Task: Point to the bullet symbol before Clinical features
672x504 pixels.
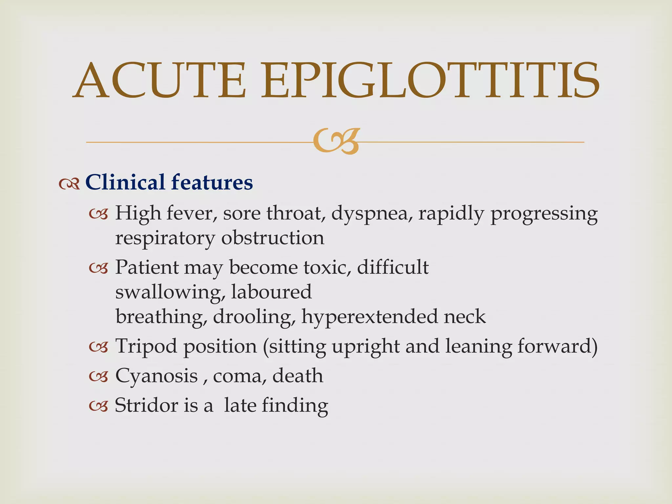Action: click(69, 184)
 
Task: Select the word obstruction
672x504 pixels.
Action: click(273, 238)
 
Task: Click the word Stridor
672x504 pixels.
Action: click(146, 405)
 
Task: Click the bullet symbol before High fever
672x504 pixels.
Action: click(98, 215)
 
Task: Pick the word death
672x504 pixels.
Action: click(298, 376)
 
